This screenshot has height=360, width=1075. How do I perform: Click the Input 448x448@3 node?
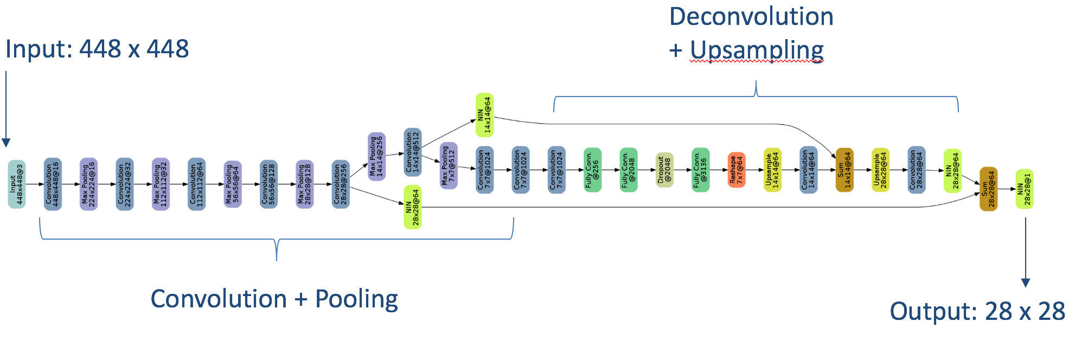coord(17,184)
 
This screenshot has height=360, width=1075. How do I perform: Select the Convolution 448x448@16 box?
coord(53,184)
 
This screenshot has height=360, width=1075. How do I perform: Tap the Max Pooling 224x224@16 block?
coord(88,184)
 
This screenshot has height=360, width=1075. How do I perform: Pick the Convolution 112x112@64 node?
coord(196,184)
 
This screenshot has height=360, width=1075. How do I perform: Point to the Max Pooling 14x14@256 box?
coord(376,157)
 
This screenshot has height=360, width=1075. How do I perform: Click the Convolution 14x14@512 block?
coord(413,152)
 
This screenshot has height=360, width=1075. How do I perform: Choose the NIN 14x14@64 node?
coord(484,115)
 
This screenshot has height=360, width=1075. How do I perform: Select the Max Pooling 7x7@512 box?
coord(449,166)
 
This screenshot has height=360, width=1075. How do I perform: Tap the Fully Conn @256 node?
coord(592,170)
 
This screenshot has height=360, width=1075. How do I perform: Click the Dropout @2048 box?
coord(664,170)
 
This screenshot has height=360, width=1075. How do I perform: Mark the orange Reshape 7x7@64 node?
coord(737,170)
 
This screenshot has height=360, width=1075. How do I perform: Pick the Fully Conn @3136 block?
coord(700,170)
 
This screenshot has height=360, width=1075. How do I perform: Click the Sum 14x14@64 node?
coord(844,170)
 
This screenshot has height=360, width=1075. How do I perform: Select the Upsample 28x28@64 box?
coord(880,170)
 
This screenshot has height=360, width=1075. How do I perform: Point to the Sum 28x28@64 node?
coord(988,189)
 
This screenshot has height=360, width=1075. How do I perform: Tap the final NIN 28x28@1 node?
coord(1024,189)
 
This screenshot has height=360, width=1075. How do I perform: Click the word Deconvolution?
coord(751,17)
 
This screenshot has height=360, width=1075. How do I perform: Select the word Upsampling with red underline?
coord(757,50)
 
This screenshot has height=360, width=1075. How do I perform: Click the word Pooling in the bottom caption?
coord(356,299)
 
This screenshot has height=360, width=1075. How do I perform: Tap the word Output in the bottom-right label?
coord(932,312)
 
